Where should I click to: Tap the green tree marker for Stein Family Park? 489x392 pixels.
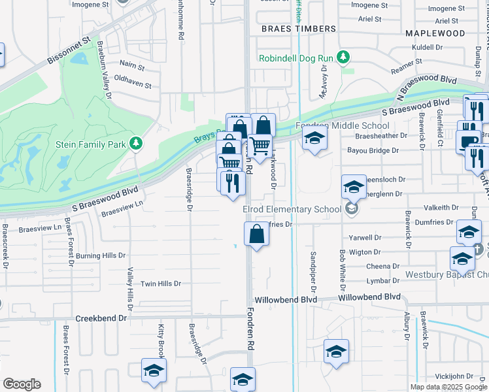pos(135,142)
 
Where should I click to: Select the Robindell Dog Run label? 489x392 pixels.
pos(296,58)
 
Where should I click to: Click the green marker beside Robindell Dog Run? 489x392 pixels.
pos(341,58)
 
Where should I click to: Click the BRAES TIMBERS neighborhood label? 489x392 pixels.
pos(298,29)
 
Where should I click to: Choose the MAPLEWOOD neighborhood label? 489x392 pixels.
pos(444,33)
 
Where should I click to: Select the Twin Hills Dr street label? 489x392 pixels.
pos(161,284)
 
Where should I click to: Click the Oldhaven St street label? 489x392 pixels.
pos(133,85)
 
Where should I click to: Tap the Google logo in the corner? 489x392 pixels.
pos(22,384)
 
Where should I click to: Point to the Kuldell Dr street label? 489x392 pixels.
pos(428,48)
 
